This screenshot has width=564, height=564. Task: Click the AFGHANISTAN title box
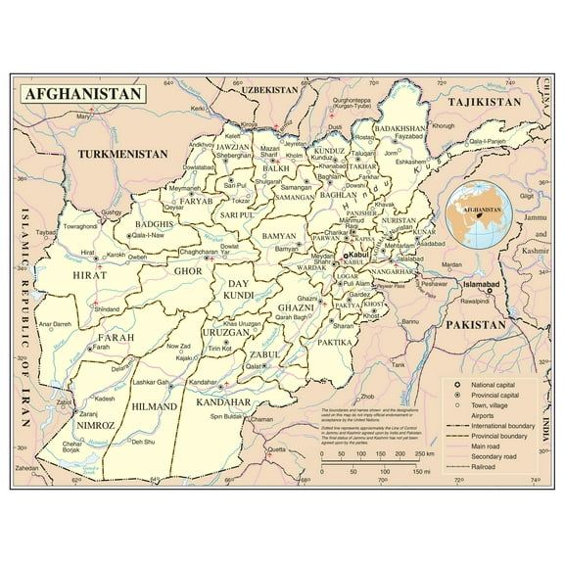[82, 95]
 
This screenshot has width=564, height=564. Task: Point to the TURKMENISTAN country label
[123, 154]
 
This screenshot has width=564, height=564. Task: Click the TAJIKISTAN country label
[485, 102]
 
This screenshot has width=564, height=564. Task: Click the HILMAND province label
[155, 405]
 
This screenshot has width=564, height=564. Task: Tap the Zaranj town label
[64, 414]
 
